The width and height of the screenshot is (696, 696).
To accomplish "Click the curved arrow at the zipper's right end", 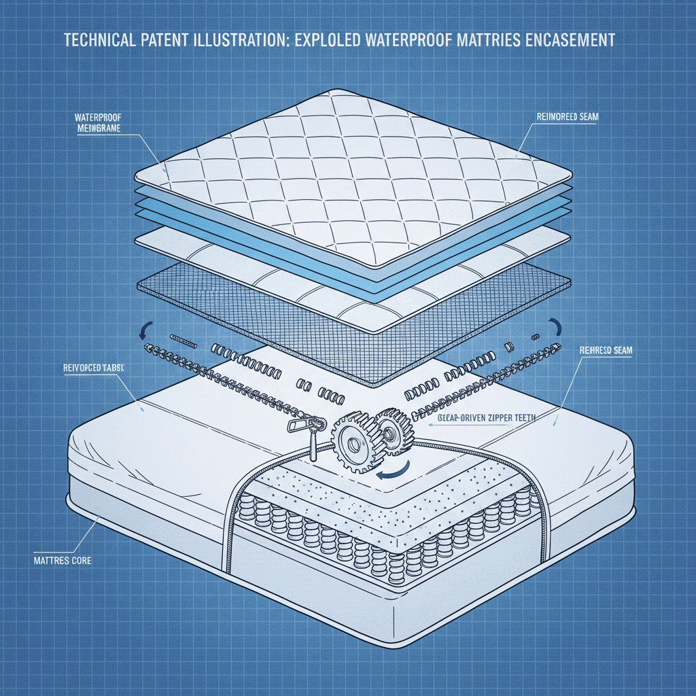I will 555,328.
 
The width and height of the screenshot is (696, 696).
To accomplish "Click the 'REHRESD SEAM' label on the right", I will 606,351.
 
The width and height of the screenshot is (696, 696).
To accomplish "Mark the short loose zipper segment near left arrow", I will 181,338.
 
